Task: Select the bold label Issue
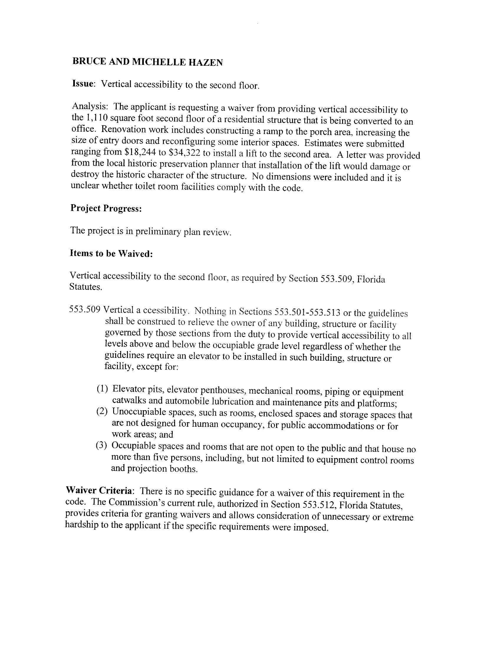[83, 83]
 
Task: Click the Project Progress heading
[106, 208]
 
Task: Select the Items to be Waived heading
[111, 253]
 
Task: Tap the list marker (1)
[103, 389]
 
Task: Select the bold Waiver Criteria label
[99, 490]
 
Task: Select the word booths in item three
[183, 469]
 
